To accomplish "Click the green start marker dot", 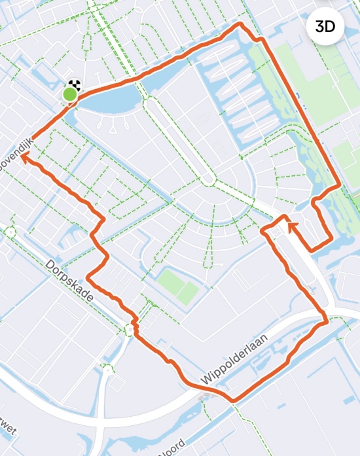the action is pyautogui.click(x=69, y=96).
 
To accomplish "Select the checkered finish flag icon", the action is pyautogui.click(x=75, y=86).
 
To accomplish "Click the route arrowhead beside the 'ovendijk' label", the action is pyautogui.click(x=27, y=158).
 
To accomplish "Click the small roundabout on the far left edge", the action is pyautogui.click(x=9, y=231).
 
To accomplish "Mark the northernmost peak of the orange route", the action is pyautogui.click(x=240, y=25).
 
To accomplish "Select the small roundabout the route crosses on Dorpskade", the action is pyautogui.click(x=128, y=328).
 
